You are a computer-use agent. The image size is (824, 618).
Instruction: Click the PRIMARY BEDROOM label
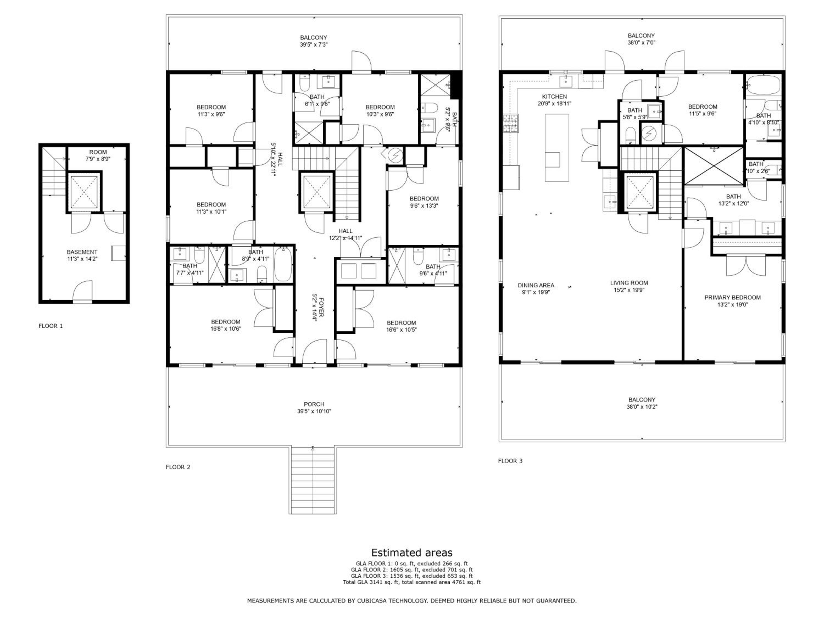click(x=732, y=297)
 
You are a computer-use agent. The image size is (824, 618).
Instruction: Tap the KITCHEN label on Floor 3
click(x=554, y=96)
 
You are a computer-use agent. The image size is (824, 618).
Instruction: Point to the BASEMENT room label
click(x=82, y=252)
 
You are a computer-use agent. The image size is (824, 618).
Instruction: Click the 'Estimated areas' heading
click(x=412, y=552)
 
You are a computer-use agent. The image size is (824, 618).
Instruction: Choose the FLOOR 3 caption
click(x=510, y=461)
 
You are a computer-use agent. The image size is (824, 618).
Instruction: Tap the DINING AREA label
click(x=536, y=285)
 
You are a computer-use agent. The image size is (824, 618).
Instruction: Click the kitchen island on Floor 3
click(x=557, y=148)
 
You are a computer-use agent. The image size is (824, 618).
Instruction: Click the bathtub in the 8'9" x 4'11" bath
click(x=283, y=265)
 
